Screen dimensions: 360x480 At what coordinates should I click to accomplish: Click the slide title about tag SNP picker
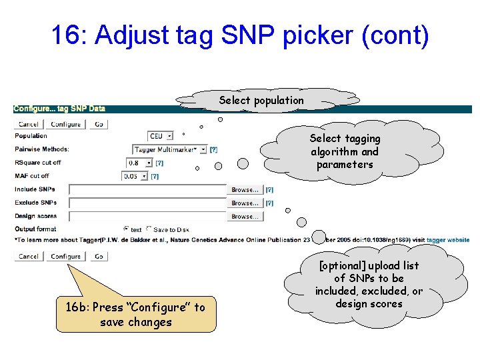pos(240,36)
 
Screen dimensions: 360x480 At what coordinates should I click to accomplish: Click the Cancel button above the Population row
pos(29,124)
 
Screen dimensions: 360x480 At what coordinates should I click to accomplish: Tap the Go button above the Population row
pos(99,124)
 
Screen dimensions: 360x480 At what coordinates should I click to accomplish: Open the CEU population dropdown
pos(161,136)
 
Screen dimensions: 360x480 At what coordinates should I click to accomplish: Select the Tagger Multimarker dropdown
pos(170,149)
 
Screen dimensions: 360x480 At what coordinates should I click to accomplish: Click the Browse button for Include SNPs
pos(245,190)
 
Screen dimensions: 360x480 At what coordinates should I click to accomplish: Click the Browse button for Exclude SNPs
pos(245,203)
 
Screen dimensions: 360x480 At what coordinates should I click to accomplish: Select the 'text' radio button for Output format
pos(126,229)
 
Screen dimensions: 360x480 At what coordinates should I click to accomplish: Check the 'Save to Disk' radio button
pos(149,229)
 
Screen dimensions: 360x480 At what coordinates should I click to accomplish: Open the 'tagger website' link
pos(448,240)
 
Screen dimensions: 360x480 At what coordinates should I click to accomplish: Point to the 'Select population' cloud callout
pos(261,101)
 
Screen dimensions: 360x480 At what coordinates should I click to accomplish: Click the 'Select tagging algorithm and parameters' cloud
pos(345,151)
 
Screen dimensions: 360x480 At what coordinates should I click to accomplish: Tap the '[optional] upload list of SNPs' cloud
pos(369,285)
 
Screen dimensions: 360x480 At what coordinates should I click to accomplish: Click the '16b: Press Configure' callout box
pos(136,314)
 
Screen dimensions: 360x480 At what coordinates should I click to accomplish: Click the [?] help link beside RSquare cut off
pos(159,163)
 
